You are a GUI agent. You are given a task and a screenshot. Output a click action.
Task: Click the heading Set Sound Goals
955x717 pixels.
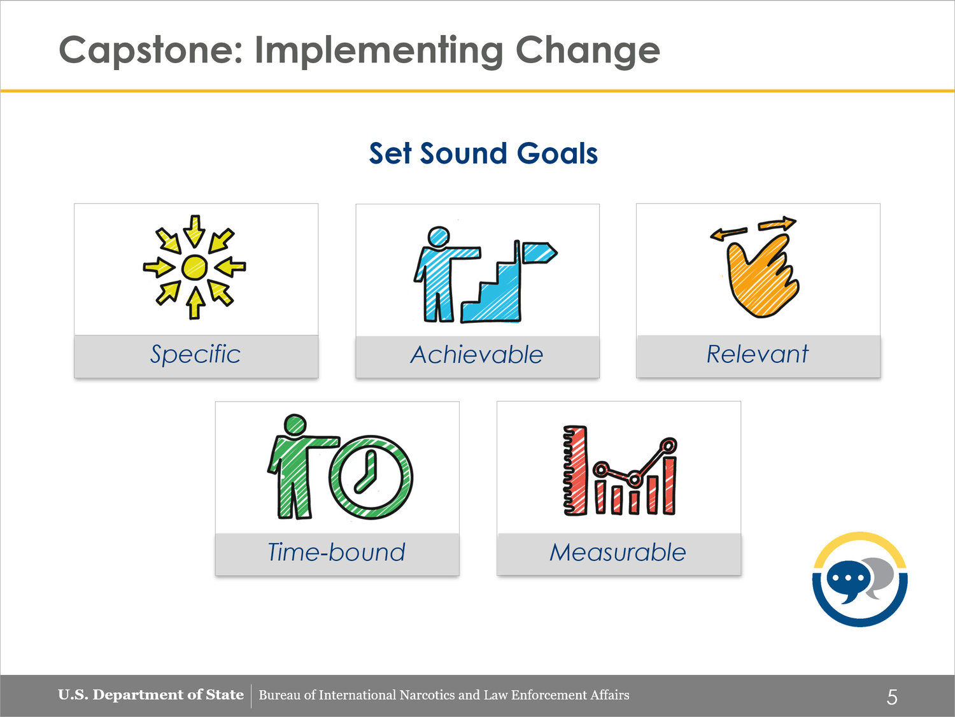[x=483, y=153]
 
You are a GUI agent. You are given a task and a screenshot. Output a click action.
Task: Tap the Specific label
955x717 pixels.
[x=195, y=354]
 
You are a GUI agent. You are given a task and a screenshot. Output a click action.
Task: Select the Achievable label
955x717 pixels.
[x=477, y=355]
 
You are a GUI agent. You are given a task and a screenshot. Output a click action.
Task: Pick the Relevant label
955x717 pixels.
[x=758, y=353]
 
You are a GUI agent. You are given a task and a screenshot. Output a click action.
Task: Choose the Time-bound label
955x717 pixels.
[x=336, y=552]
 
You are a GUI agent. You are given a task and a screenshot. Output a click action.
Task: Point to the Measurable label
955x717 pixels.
[x=618, y=552]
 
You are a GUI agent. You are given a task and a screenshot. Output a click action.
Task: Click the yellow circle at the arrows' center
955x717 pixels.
[x=194, y=267]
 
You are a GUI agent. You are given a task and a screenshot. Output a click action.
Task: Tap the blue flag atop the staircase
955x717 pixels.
[x=539, y=252]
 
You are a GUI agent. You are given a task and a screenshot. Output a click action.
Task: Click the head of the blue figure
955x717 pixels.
[x=438, y=237]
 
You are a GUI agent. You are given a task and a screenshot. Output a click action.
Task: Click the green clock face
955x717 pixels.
[x=371, y=478]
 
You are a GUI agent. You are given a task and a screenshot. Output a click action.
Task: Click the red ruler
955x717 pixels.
[x=575, y=471]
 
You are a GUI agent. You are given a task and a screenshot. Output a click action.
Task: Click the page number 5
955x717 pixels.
[x=891, y=697]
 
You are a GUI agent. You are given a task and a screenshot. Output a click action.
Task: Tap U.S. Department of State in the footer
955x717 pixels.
[x=150, y=695]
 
